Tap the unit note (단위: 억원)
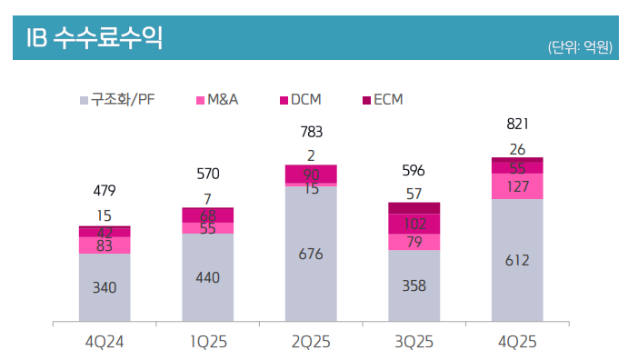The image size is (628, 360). click(x=580, y=46)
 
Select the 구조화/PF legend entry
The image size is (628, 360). click(x=119, y=98)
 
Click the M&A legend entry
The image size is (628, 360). click(x=217, y=98)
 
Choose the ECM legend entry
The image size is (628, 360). click(x=382, y=98)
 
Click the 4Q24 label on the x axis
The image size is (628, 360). click(x=104, y=340)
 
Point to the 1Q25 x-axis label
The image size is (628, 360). click(x=207, y=340)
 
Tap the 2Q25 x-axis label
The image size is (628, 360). click(x=311, y=340)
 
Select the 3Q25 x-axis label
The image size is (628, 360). click(x=414, y=340)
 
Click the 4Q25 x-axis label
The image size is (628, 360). click(x=517, y=340)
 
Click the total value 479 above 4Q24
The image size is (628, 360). click(x=105, y=191)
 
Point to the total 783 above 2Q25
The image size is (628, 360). click(x=311, y=133)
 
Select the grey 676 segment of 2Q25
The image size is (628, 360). click(x=311, y=255)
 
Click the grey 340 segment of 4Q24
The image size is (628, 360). click(x=105, y=287)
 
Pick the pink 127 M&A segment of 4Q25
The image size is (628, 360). click(x=517, y=186)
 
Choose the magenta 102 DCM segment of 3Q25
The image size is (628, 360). click(x=414, y=224)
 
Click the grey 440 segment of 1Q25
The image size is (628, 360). click(x=207, y=277)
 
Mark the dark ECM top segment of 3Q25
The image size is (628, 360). click(x=414, y=207)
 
